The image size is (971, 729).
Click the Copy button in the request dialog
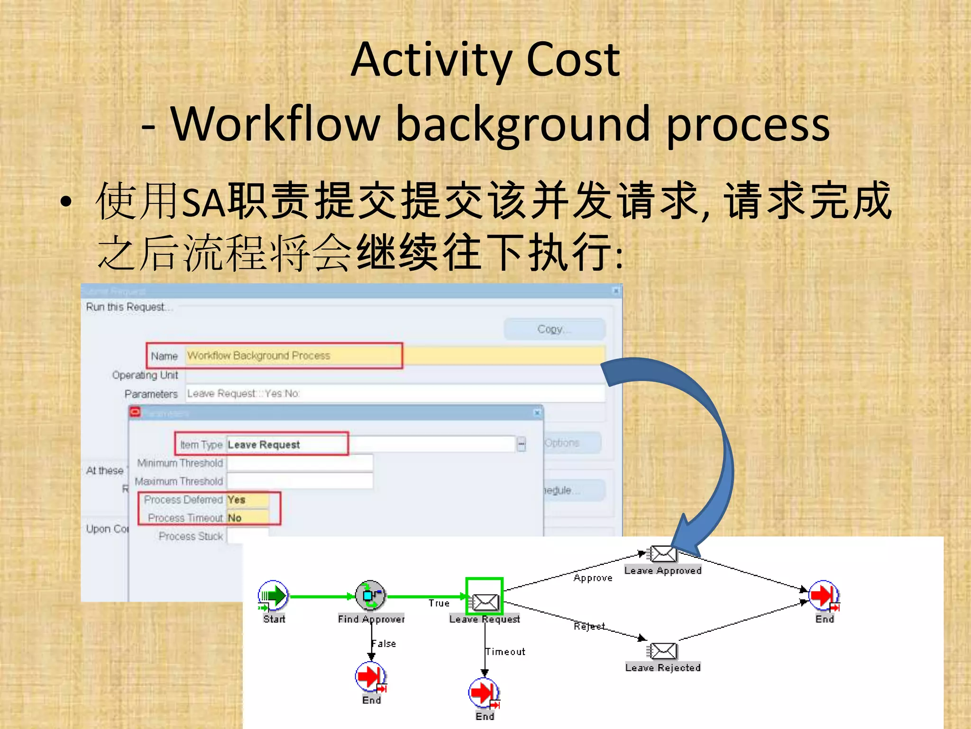click(554, 329)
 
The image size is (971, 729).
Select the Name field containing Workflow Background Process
click(294, 355)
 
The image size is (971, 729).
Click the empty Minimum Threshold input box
click(300, 463)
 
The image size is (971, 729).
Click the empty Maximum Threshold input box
click(300, 481)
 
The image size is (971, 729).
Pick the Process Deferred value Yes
click(247, 500)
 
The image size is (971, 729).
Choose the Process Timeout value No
click(247, 518)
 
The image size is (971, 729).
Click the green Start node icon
click(273, 596)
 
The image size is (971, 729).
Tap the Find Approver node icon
click(371, 595)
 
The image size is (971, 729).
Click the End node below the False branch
click(371, 677)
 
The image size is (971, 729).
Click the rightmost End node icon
click(824, 595)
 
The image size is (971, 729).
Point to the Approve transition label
click(593, 578)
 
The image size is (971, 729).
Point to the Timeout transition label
click(505, 652)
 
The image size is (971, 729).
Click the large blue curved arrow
click(711, 441)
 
